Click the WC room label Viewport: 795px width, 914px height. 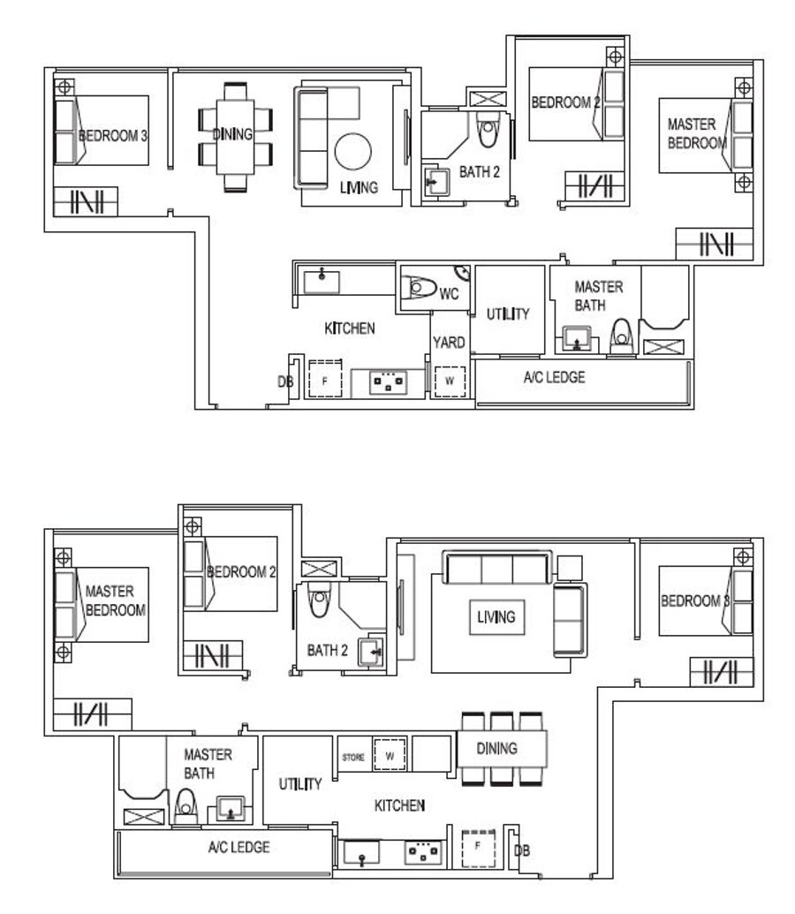click(449, 294)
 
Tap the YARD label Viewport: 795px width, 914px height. click(449, 342)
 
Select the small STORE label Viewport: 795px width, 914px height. click(353, 757)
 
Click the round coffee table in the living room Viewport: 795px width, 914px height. click(352, 151)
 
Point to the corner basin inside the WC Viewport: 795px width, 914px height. click(463, 272)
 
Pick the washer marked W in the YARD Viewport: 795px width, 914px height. click(450, 381)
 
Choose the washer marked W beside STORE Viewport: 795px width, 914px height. click(390, 755)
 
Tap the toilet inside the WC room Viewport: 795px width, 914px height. click(419, 287)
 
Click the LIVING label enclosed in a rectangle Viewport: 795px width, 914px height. click(496, 616)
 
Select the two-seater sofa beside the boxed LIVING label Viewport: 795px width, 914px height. click(570, 620)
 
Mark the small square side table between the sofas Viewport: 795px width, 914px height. click(570, 568)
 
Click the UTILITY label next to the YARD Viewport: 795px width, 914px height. click(508, 314)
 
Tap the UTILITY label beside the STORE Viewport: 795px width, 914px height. click(299, 784)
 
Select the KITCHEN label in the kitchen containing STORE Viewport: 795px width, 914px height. click(399, 805)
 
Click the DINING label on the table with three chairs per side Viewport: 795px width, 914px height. click(497, 749)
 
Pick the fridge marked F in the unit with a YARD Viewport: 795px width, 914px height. click(325, 380)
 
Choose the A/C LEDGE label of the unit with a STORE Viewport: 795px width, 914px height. click(239, 847)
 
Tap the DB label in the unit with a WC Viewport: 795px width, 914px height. click(285, 381)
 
